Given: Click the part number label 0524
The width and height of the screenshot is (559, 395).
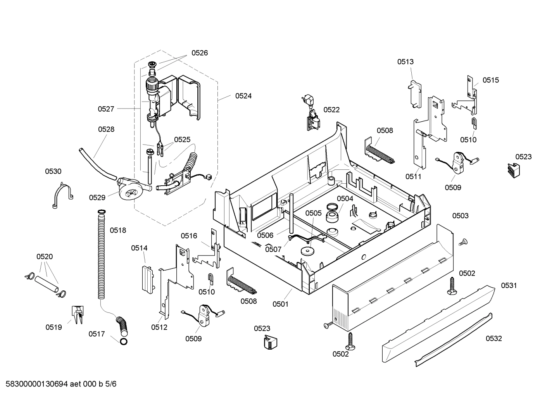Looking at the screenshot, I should [x=243, y=96].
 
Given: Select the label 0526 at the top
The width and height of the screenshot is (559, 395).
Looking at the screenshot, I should [x=199, y=53].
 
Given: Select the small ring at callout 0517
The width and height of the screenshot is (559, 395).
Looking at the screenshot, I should [x=123, y=342].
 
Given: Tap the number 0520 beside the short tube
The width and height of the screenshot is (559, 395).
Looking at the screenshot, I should [x=45, y=257].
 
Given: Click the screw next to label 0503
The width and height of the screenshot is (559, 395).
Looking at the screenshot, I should [x=462, y=242].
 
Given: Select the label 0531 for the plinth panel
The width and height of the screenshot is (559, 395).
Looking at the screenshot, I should [x=509, y=286].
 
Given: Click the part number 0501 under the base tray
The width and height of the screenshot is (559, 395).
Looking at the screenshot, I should [x=280, y=304].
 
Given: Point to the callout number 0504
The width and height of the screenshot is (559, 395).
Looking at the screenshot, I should [x=345, y=199].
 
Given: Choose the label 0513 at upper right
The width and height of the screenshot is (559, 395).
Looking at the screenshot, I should [x=405, y=62].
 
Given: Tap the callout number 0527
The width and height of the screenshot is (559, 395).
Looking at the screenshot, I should [x=106, y=109].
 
